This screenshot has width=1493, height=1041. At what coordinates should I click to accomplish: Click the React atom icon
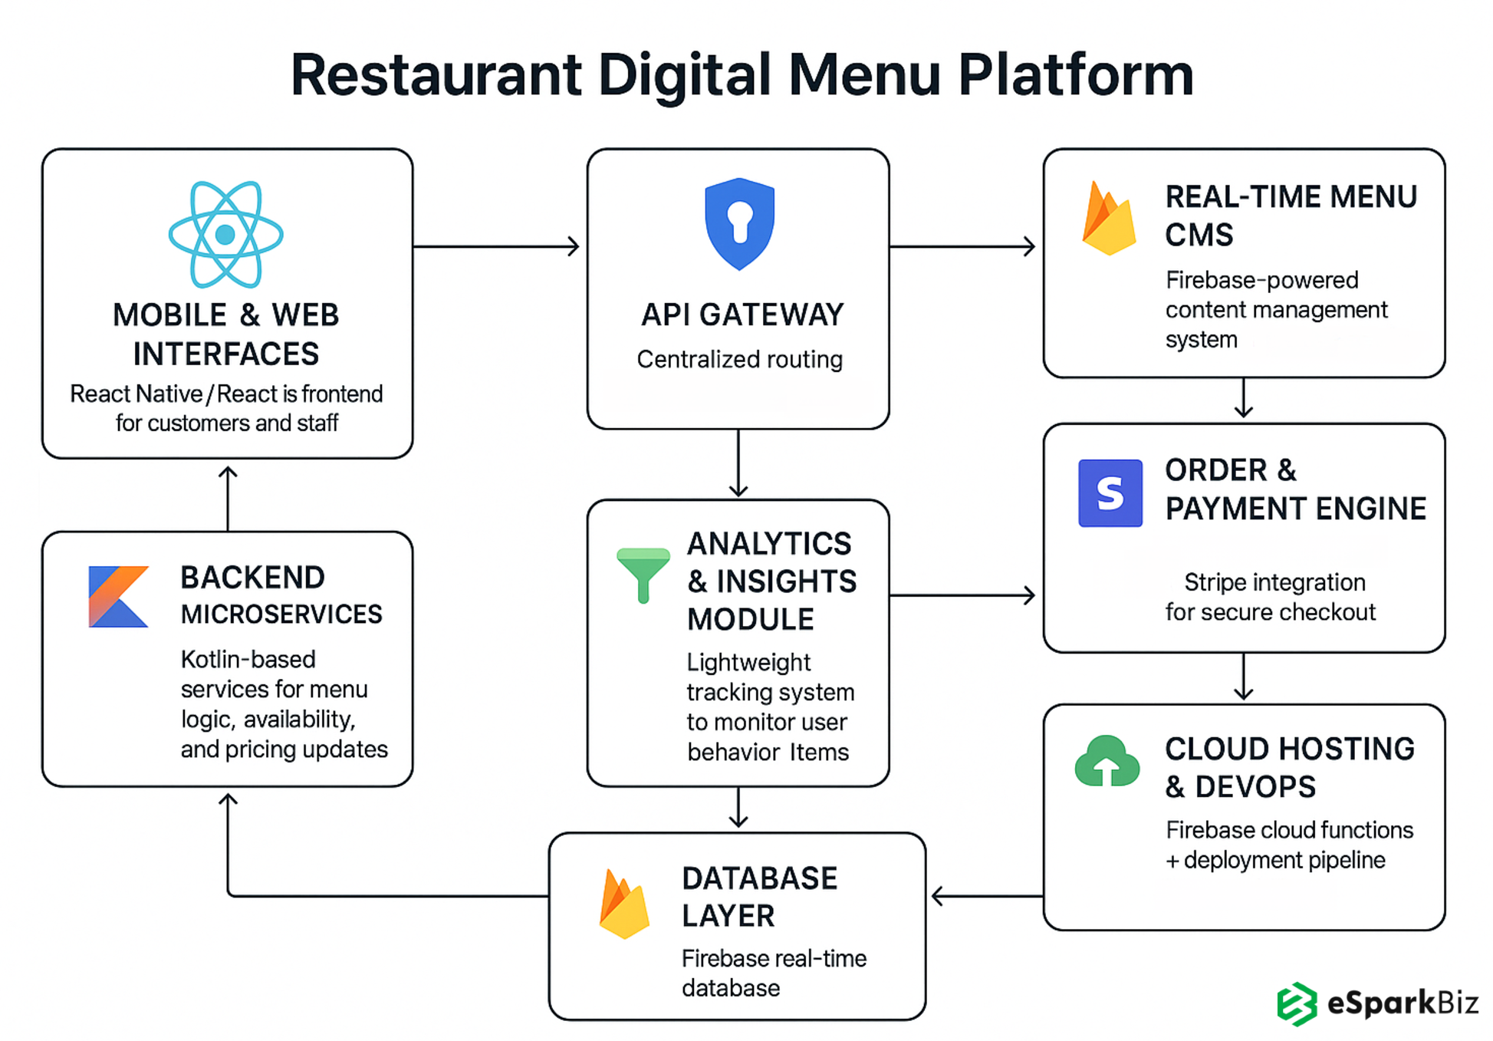pyautogui.click(x=225, y=234)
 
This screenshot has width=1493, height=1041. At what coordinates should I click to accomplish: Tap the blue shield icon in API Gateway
pyautogui.click(x=739, y=223)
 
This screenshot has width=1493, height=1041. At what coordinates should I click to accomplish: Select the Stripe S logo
pyautogui.click(x=1110, y=493)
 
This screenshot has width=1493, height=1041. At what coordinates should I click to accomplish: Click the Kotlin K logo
pyautogui.click(x=118, y=597)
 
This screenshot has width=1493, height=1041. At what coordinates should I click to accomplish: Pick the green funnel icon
pyautogui.click(x=643, y=575)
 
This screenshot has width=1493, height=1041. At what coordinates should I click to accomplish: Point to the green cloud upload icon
pyautogui.click(x=1107, y=762)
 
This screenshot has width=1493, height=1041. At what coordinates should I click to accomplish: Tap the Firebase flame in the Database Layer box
pyautogui.click(x=624, y=905)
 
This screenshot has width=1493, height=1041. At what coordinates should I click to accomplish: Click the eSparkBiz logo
pyautogui.click(x=1376, y=1003)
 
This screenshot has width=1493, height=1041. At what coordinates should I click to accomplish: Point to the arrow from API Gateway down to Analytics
pyautogui.click(x=738, y=463)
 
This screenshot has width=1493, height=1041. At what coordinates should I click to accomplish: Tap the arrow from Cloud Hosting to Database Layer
pyautogui.click(x=986, y=895)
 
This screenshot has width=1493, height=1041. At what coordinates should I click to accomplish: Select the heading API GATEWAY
pyautogui.click(x=742, y=315)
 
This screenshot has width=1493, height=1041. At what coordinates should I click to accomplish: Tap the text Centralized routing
pyautogui.click(x=739, y=359)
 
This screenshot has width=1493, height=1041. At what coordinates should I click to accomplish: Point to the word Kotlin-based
pyautogui.click(x=248, y=659)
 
